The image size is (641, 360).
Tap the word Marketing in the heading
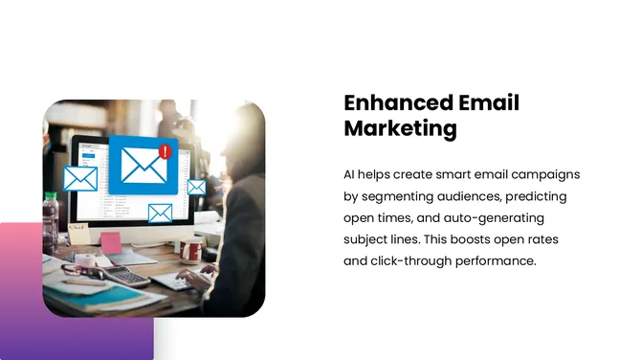(400, 129)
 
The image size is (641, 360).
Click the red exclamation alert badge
(165, 151)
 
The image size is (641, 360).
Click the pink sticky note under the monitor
(112, 242)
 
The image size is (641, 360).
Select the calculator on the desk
(130, 278)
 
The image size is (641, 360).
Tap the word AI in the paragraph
(351, 175)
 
